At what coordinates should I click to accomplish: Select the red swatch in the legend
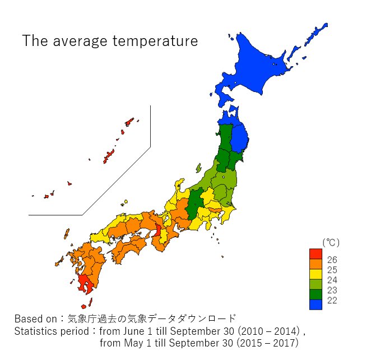pos(316,253)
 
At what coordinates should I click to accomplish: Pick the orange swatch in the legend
pos(316,264)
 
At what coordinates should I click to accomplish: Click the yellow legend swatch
pos(316,274)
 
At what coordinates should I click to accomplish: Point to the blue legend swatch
pos(316,304)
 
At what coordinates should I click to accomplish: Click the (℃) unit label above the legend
pos(330,242)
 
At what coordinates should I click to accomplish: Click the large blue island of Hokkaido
pos(263,67)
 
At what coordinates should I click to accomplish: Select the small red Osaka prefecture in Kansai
pos(158,229)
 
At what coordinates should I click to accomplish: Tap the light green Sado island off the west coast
pos(198,168)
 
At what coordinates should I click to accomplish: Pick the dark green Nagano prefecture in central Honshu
pos(195,205)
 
